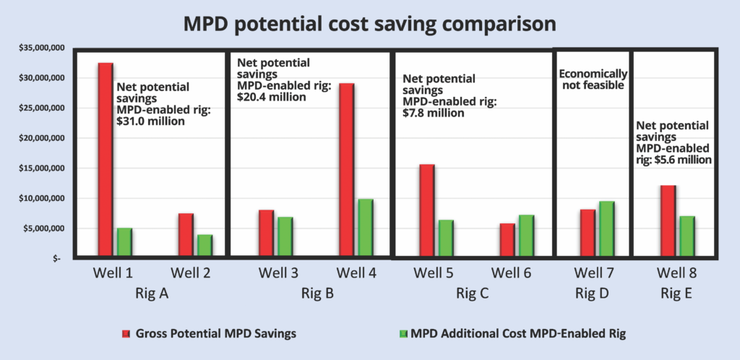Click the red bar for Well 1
pyautogui.click(x=106, y=159)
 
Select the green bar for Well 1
pyautogui.click(x=124, y=241)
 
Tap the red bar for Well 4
pyautogui.click(x=347, y=169)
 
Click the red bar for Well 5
pyautogui.click(x=427, y=210)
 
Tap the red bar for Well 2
pyautogui.click(x=186, y=234)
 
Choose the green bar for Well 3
pyautogui.click(x=285, y=236)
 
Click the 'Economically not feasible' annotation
pyautogui.click(x=593, y=79)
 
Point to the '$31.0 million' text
pyautogui.click(x=151, y=121)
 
